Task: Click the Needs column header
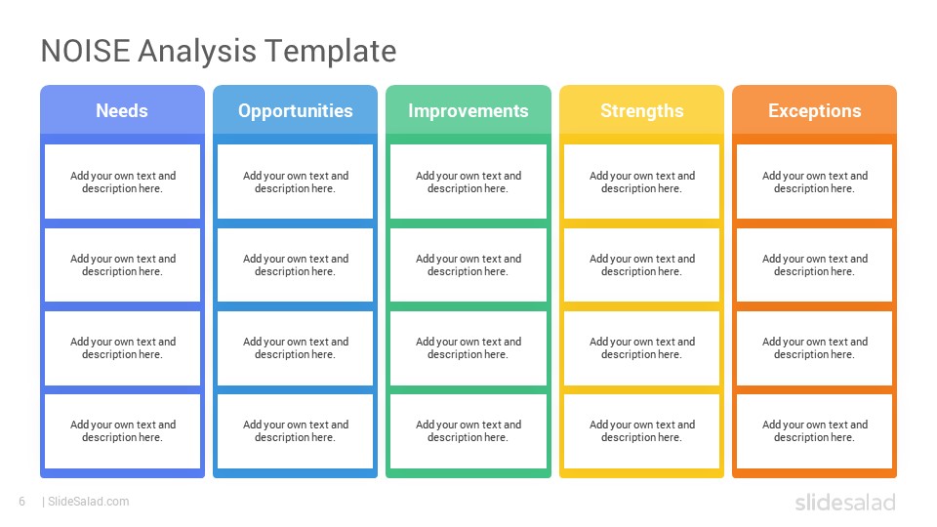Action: point(123,110)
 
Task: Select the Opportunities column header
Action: point(295,110)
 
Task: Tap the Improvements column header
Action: point(468,110)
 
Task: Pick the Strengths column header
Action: point(642,110)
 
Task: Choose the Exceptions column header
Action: point(814,110)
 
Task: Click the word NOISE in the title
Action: point(86,51)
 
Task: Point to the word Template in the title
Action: point(331,52)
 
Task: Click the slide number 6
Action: point(22,502)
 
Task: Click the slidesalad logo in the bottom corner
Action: point(845,502)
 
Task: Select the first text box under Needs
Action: point(123,182)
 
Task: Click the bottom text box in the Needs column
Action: point(123,430)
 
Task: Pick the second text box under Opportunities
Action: point(295,264)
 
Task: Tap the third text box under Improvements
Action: point(468,347)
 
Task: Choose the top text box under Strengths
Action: point(642,182)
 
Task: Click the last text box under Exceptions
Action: point(814,430)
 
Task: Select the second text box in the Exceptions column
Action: point(814,264)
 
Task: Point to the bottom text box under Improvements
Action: point(468,430)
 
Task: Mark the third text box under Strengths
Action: point(642,347)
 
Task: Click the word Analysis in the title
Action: point(197,52)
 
